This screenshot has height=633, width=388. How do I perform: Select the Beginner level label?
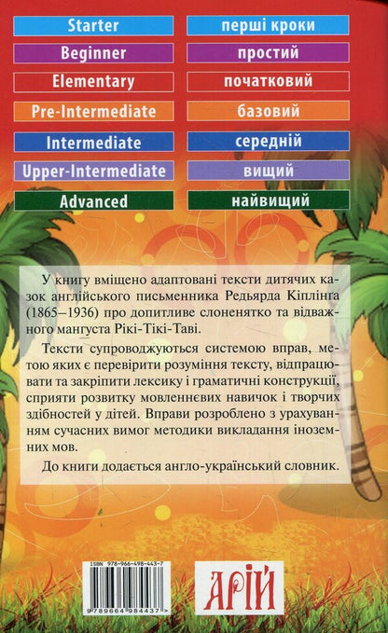89,53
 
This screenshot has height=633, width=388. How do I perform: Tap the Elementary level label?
89,83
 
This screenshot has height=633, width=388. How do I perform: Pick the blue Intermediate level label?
89,143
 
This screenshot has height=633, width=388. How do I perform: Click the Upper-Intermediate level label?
89,172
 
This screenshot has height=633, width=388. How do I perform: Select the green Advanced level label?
89,200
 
